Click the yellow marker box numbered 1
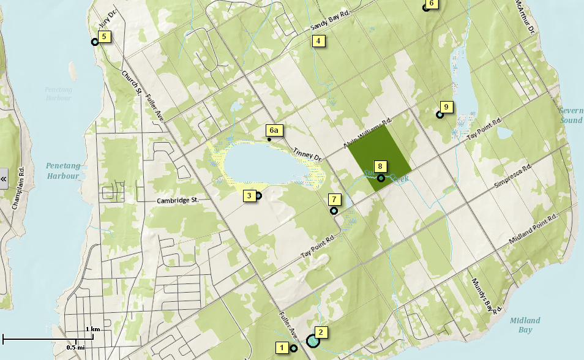point(282,348)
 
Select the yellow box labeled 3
point(249,196)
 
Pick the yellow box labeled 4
point(318,41)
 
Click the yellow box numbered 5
point(103,37)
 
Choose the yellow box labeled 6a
point(274,130)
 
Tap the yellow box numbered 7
point(334,199)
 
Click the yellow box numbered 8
point(380,166)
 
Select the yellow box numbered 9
point(446,107)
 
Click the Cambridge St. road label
point(178,200)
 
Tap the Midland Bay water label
point(525,325)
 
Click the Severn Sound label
point(571,115)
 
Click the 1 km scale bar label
point(92,329)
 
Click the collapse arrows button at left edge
point(4,179)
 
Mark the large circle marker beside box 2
point(313,340)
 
